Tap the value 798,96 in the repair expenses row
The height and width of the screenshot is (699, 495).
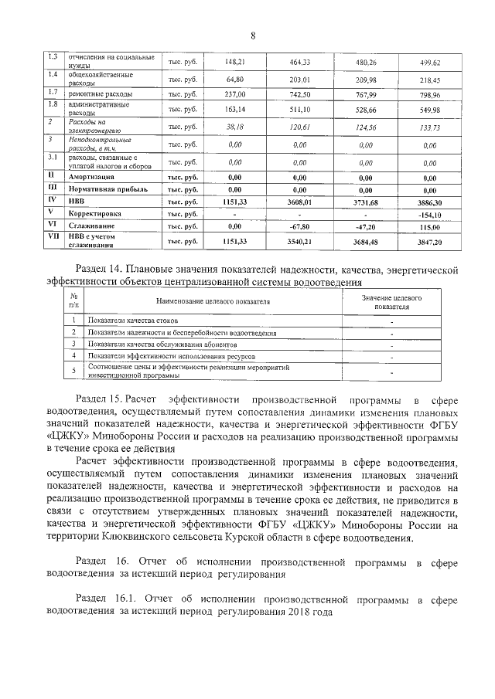(428, 95)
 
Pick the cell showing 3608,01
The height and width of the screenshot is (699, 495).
(299, 200)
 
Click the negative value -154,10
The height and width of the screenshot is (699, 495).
(428, 214)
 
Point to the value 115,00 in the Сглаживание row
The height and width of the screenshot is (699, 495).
(428, 227)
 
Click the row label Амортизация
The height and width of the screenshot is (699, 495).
(92, 177)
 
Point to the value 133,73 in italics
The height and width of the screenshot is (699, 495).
(428, 127)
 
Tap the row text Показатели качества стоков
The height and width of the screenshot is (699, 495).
(133, 320)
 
